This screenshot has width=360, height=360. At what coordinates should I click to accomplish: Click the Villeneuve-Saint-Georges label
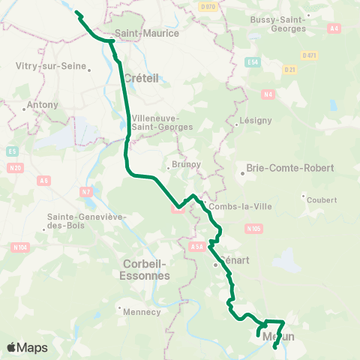161,122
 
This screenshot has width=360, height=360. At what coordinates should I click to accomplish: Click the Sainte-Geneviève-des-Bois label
75,222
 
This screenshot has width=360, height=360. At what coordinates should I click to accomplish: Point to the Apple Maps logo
27,347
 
